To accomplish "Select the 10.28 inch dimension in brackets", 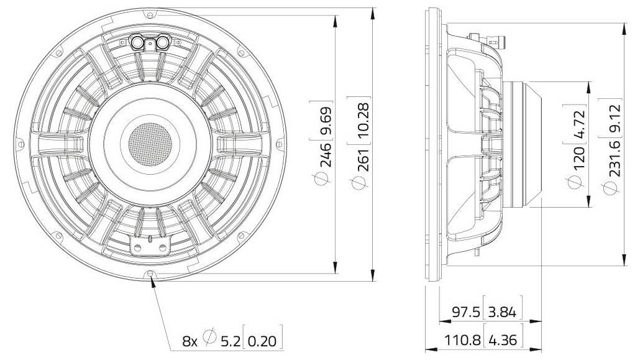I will point(364,118).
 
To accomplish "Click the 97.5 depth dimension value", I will point(465,312).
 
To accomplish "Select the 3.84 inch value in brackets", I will point(503,312).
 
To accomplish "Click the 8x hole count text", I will point(189,341).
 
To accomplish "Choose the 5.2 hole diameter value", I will point(229,341).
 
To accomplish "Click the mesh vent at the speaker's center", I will point(149,142).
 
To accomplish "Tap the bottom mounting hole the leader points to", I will point(150,274).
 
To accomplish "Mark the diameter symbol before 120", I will point(578,182).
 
